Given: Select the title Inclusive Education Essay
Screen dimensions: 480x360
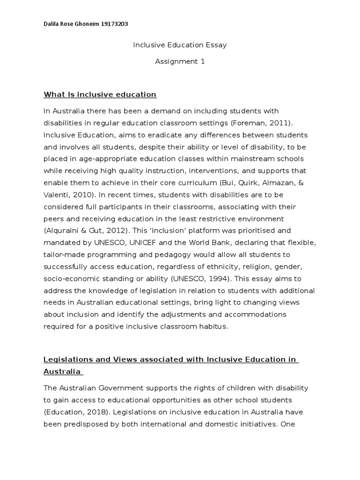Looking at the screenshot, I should point(180,45).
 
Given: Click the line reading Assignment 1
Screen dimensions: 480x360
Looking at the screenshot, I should point(180,61).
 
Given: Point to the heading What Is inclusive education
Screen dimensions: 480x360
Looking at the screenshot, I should point(100,95).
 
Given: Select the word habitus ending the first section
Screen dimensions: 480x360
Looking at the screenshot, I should point(211,326).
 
